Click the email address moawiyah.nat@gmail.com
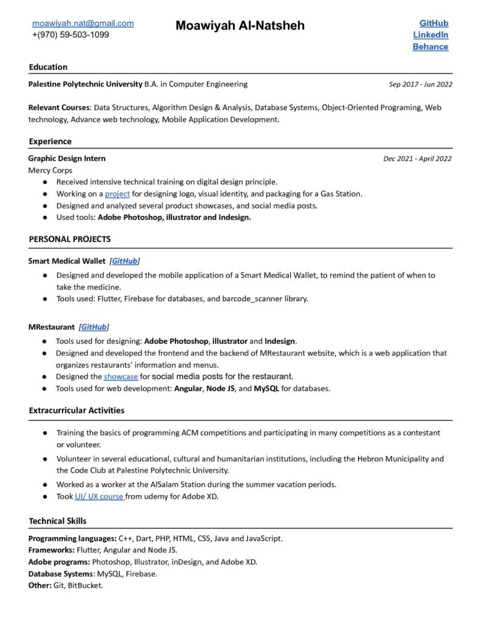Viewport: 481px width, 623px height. (x=83, y=23)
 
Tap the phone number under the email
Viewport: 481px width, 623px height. (x=71, y=35)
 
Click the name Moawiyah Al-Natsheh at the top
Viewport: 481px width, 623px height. (x=240, y=26)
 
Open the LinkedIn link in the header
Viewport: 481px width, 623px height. (x=431, y=35)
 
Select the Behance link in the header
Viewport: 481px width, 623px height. (x=431, y=46)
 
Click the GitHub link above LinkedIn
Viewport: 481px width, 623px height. (x=434, y=23)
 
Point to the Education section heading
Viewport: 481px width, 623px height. (x=48, y=67)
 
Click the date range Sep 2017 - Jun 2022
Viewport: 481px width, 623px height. (x=420, y=85)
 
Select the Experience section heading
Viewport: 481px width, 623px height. (x=50, y=141)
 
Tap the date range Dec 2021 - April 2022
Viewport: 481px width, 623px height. (x=417, y=159)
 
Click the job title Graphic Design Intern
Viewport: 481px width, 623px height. (x=67, y=158)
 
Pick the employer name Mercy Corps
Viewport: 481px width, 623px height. (x=50, y=170)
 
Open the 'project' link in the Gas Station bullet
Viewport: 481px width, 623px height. (x=117, y=194)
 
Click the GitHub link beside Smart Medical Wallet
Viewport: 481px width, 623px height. (x=124, y=261)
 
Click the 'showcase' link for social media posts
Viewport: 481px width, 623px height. (x=120, y=377)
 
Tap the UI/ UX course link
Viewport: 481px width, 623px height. (x=100, y=496)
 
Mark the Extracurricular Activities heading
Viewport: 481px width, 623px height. (x=77, y=410)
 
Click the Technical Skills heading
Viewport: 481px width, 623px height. (x=58, y=521)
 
